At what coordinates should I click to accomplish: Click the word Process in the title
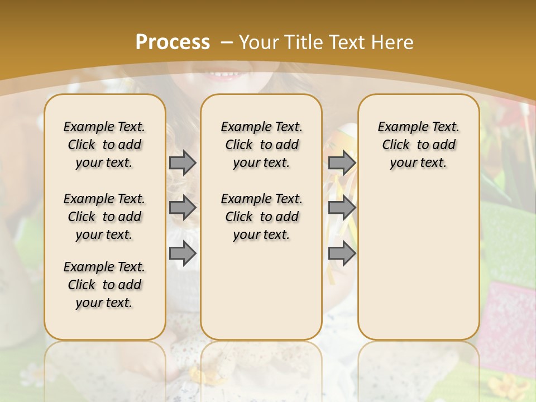point(173,42)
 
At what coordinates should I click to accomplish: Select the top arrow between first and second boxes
point(183,162)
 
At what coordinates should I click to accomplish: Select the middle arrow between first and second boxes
point(183,208)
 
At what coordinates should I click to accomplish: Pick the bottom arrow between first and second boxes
point(183,253)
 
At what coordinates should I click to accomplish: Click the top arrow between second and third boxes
point(342,162)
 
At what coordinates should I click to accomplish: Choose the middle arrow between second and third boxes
point(342,208)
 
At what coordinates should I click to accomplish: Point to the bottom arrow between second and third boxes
point(342,253)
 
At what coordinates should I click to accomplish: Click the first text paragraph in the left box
point(104,145)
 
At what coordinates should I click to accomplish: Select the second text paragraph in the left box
point(104,217)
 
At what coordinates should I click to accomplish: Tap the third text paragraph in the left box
point(104,285)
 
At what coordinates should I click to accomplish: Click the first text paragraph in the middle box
point(261,145)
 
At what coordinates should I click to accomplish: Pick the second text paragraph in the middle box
point(261,217)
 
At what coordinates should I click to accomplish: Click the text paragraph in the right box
point(418,145)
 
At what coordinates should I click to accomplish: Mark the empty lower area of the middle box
point(261,290)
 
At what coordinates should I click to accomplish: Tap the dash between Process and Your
point(227,42)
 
